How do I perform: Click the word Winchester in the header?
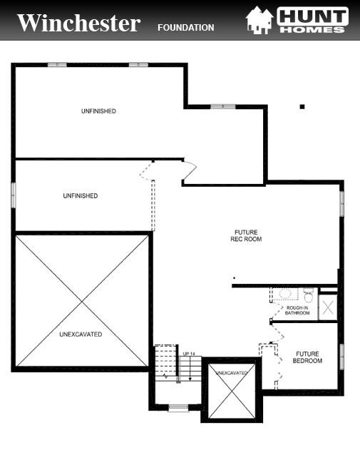point(78,23)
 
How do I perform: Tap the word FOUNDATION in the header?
point(185,28)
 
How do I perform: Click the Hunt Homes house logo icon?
point(257,20)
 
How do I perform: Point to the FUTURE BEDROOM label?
point(307,357)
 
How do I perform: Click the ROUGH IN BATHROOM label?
point(297,310)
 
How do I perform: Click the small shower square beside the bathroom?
point(328,307)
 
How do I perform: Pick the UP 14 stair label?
point(189,354)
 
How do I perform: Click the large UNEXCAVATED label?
point(81,334)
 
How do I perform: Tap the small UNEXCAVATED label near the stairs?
point(231,373)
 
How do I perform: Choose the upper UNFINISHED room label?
point(98,111)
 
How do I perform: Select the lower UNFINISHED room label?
point(80,195)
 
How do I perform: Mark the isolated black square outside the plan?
point(302,107)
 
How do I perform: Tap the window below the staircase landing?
point(178,409)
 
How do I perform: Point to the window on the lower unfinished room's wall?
point(13,195)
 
